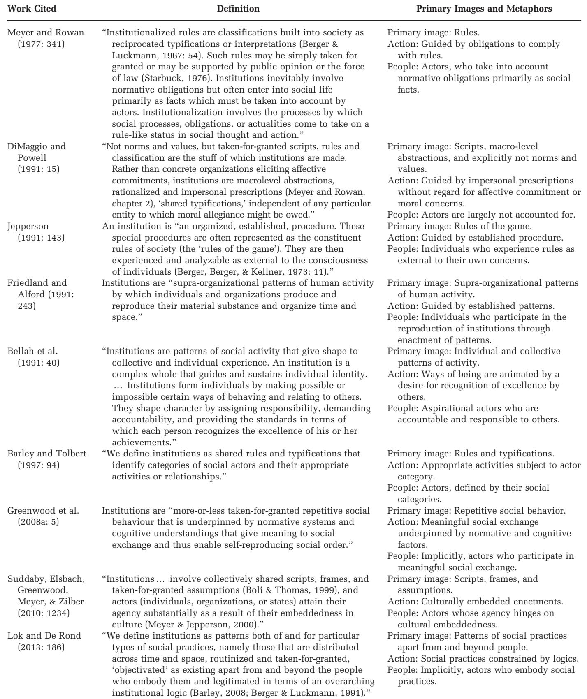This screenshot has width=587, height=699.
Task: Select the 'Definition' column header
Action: click(x=238, y=9)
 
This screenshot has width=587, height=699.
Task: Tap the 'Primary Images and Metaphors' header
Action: click(x=484, y=9)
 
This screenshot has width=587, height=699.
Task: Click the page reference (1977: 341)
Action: click(x=38, y=44)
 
